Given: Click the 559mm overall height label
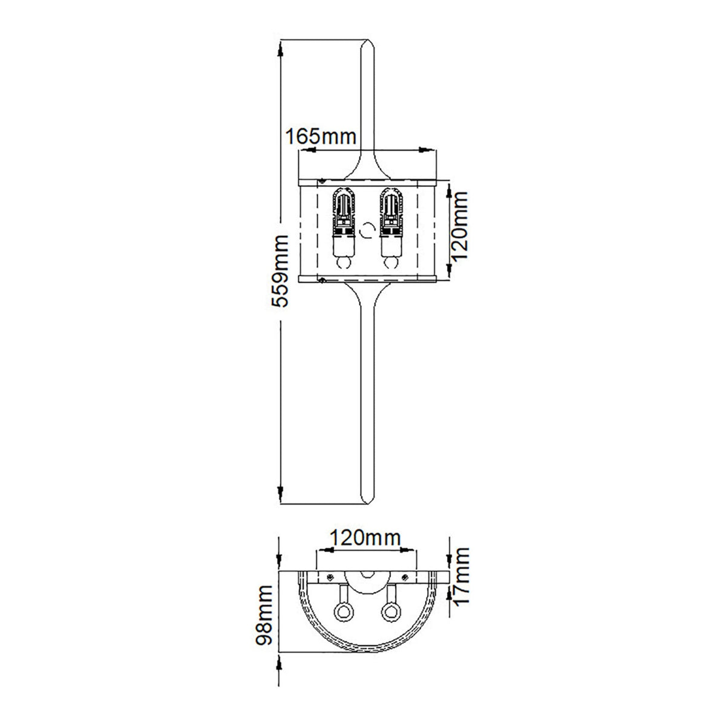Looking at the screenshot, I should click(280, 272).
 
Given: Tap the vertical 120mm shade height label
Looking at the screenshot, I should click(460, 226).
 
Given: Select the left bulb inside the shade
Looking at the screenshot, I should click(344, 230).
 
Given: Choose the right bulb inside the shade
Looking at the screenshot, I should click(390, 230).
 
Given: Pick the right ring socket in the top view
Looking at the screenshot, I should click(390, 612).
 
